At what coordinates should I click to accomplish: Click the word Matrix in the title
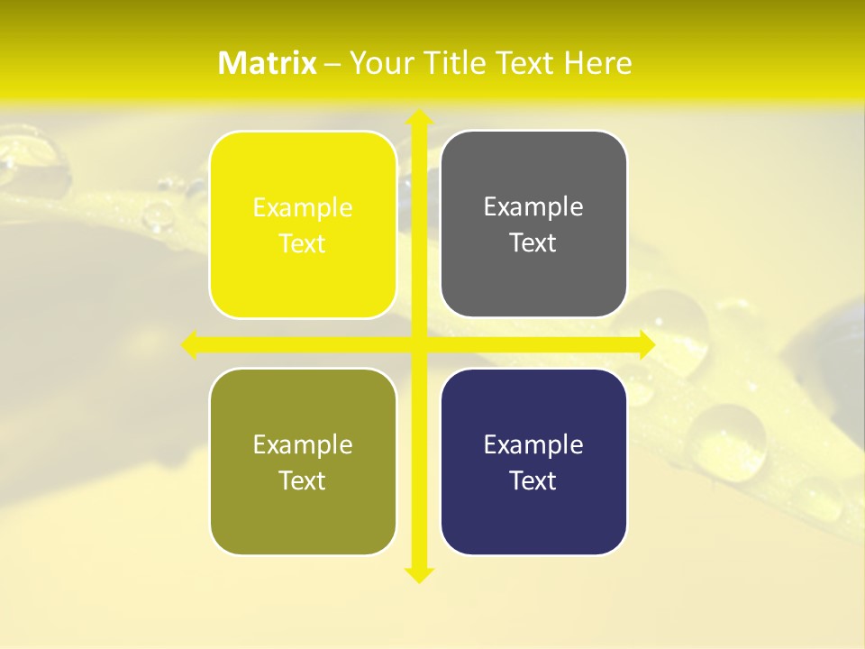pos(268,63)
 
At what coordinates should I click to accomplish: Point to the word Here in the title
pos(598,63)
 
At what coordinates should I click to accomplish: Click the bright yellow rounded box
pos(303,224)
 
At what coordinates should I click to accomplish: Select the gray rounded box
pos(533,224)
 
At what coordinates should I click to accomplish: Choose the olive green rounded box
pos(303,462)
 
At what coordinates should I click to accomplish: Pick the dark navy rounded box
pos(533,462)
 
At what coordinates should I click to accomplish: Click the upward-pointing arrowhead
pos(418,117)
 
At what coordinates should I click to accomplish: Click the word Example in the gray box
pos(533,207)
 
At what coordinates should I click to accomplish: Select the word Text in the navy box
pos(533,480)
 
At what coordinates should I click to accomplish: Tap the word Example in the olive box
pos(303,444)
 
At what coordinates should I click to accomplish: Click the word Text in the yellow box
pos(303,243)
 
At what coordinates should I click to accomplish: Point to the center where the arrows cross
pos(418,344)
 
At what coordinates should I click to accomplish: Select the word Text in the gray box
pos(533,242)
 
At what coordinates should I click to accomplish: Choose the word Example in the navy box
pos(533,444)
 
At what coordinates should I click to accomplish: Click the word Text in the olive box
pos(303,480)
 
